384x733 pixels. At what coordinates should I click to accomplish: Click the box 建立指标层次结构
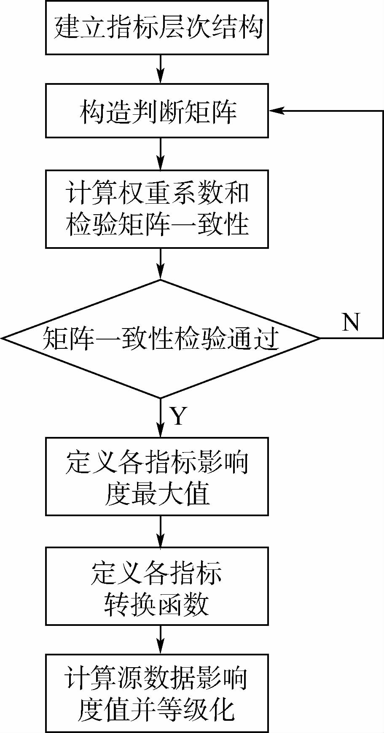157,28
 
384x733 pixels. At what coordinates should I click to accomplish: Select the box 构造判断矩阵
157,111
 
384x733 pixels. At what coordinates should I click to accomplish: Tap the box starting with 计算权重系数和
157,209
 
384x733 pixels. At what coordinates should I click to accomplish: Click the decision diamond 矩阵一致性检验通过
160,338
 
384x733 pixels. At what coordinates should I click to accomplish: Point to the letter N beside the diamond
351,322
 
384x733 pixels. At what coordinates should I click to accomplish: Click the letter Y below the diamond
178,416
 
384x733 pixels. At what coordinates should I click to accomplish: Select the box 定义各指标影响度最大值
157,476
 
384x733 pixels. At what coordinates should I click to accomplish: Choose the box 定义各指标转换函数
157,586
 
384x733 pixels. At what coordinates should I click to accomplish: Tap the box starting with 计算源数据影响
157,693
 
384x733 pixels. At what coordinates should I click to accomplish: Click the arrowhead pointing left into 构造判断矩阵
276,111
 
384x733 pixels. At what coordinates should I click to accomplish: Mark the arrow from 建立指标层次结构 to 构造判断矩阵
161,69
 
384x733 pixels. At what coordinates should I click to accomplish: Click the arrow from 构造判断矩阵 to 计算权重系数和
161,154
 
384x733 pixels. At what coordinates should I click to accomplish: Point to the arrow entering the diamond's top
161,264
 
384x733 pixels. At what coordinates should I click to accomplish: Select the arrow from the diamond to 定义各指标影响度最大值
161,418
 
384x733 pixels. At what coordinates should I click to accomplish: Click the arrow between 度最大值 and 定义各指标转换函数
161,531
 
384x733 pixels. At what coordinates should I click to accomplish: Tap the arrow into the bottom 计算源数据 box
161,639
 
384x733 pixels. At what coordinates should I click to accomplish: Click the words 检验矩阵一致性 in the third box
157,224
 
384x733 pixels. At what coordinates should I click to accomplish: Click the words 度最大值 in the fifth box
157,493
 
